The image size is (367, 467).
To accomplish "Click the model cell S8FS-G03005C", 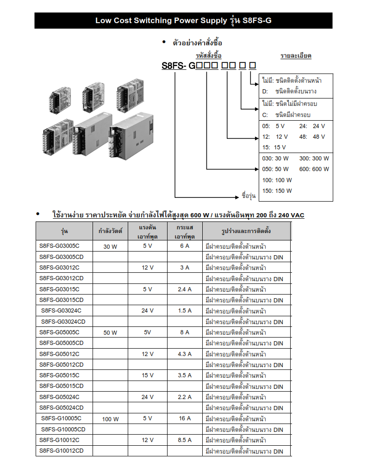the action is [x=59, y=246].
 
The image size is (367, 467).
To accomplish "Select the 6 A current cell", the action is [x=185, y=246].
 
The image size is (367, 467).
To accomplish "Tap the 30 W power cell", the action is [x=110, y=246].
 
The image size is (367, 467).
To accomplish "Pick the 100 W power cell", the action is [x=110, y=419].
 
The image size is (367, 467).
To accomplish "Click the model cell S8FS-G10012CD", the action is [x=62, y=451].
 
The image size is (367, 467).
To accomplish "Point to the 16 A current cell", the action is [x=185, y=418].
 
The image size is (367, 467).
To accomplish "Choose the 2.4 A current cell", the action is [x=185, y=289].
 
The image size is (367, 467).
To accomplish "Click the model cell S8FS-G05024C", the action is [x=59, y=397].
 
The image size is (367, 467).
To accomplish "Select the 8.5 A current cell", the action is [x=185, y=440].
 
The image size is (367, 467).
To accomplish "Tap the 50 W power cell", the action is [x=110, y=332].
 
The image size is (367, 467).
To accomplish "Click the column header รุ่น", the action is [x=64, y=231].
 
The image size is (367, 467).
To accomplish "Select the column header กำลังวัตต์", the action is [x=110, y=231].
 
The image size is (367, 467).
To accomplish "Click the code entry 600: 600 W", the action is [x=314, y=169].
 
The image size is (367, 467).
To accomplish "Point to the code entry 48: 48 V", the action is [x=312, y=137].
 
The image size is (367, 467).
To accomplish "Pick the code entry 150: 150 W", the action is [x=277, y=191].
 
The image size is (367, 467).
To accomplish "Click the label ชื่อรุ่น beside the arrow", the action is [x=249, y=196].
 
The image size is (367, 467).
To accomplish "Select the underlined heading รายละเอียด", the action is [x=296, y=55].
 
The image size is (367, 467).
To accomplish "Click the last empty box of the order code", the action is [x=253, y=65].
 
